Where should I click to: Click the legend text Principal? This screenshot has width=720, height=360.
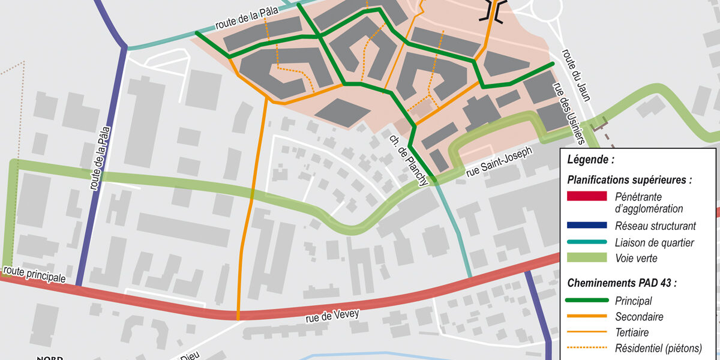[x=633, y=301]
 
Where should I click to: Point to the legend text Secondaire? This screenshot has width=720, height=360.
[x=639, y=316]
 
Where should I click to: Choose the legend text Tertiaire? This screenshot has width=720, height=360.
[x=632, y=332]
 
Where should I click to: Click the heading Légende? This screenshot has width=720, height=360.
[x=590, y=160]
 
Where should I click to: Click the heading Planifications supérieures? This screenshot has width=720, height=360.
[x=629, y=179]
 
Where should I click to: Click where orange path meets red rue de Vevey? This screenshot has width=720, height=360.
[x=238, y=315]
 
